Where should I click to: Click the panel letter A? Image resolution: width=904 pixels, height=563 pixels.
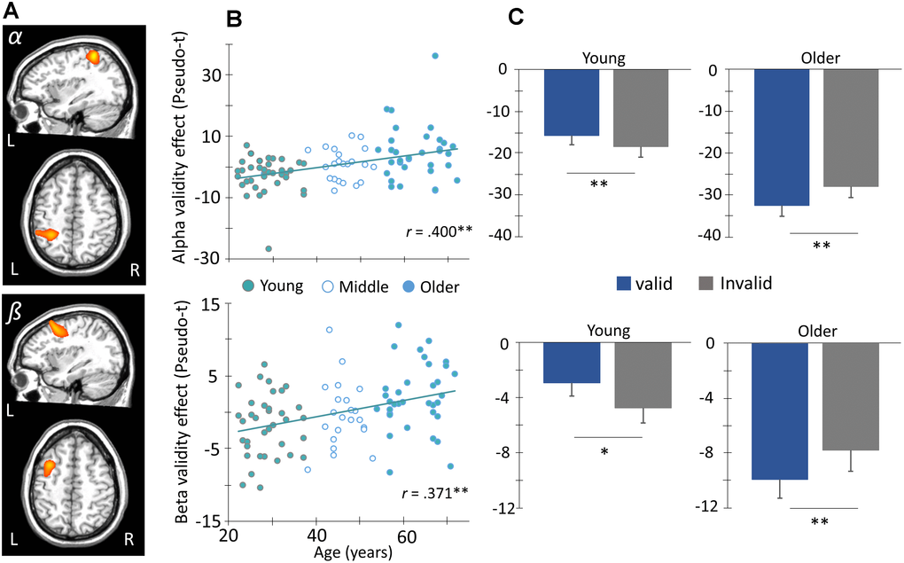pyautogui.click(x=10, y=12)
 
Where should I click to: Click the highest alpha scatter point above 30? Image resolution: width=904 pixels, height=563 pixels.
pyautogui.click(x=435, y=56)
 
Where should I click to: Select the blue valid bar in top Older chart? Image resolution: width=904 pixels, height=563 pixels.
pyautogui.click(x=782, y=137)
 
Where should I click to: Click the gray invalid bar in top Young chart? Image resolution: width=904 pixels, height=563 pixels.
pyautogui.click(x=640, y=107)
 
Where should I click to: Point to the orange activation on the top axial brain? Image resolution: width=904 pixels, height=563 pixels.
pyautogui.click(x=46, y=234)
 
